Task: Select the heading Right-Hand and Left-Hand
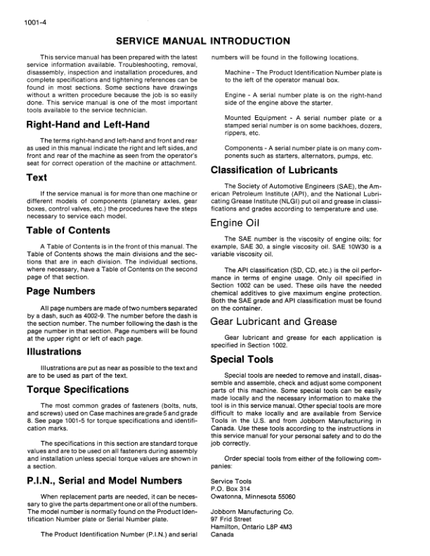[87, 125]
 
